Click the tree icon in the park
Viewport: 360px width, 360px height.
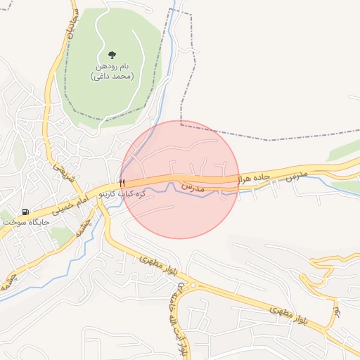point(112,55)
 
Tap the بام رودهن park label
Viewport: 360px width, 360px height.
point(112,66)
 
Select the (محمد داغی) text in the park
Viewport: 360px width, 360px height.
point(112,76)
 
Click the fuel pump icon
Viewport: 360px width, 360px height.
point(26,212)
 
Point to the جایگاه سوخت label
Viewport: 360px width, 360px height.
point(26,222)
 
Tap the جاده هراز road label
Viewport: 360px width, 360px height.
point(253,177)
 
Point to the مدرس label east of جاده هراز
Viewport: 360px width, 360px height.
point(297,172)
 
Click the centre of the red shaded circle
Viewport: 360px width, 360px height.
point(180,179)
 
